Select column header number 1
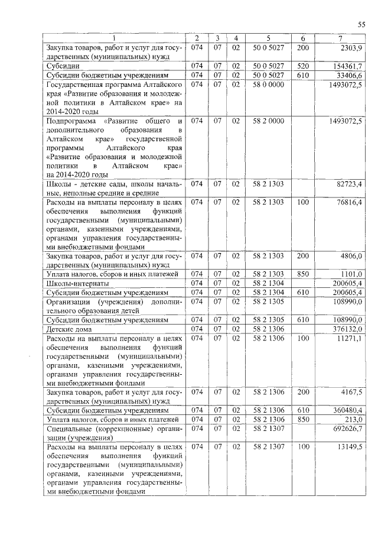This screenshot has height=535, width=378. (115, 39)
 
